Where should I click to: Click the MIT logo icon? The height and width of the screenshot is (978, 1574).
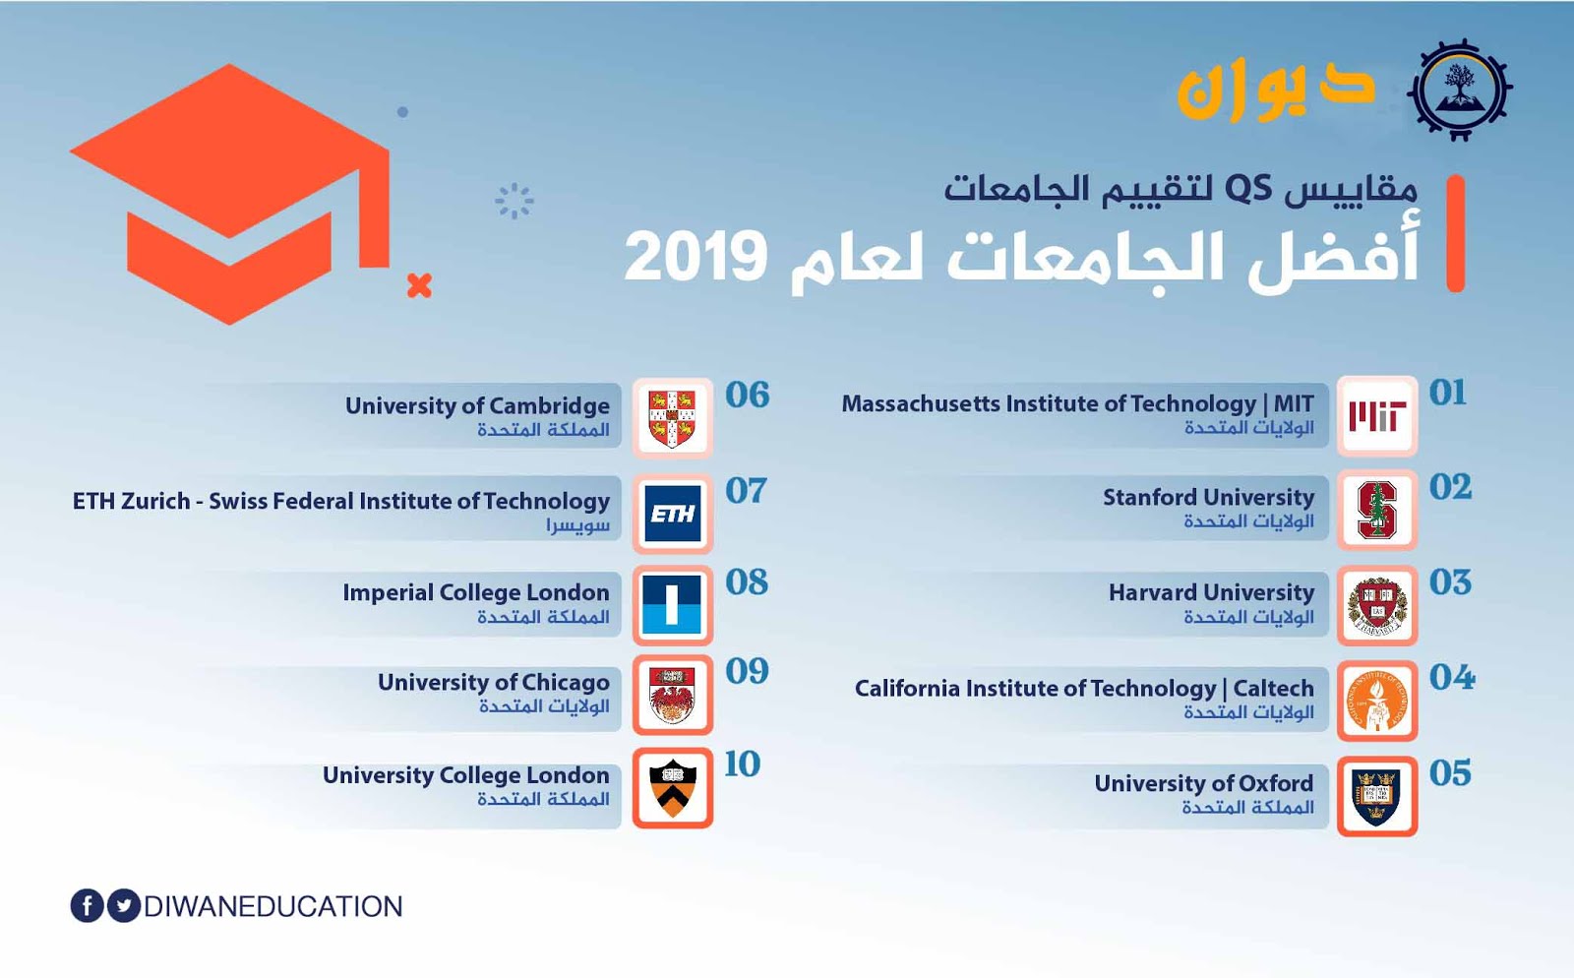pyautogui.click(x=1377, y=416)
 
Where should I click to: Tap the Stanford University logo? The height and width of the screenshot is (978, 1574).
pyautogui.click(x=1377, y=510)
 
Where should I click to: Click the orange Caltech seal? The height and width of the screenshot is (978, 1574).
pyautogui.click(x=1377, y=701)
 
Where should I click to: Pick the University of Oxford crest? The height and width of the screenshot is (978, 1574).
pyautogui.click(x=1377, y=796)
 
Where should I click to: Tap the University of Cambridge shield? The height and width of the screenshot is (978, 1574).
pyautogui.click(x=673, y=418)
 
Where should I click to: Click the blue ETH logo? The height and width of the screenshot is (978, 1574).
pyautogui.click(x=673, y=514)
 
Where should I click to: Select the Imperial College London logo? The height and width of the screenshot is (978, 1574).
pyautogui.click(x=673, y=605)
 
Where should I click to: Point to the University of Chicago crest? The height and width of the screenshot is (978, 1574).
pyautogui.click(x=673, y=695)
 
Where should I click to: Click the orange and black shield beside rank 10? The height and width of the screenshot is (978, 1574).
pyautogui.click(x=673, y=787)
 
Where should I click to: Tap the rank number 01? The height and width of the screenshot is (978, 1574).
pyautogui.click(x=1448, y=393)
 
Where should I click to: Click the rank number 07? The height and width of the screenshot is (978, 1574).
pyautogui.click(x=746, y=491)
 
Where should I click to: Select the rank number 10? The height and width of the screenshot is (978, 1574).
pyautogui.click(x=742, y=764)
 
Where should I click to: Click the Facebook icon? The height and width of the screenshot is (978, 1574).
pyautogui.click(x=88, y=905)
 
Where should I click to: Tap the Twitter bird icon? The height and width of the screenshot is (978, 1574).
pyautogui.click(x=124, y=905)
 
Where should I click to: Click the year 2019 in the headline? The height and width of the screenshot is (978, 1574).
pyautogui.click(x=696, y=257)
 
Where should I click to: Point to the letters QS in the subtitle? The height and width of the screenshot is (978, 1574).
pyautogui.click(x=1248, y=188)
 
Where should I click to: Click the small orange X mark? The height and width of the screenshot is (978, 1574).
pyautogui.click(x=419, y=285)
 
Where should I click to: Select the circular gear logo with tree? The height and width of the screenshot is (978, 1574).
pyautogui.click(x=1460, y=90)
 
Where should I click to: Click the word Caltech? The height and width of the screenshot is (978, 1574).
pyautogui.click(x=1273, y=688)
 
